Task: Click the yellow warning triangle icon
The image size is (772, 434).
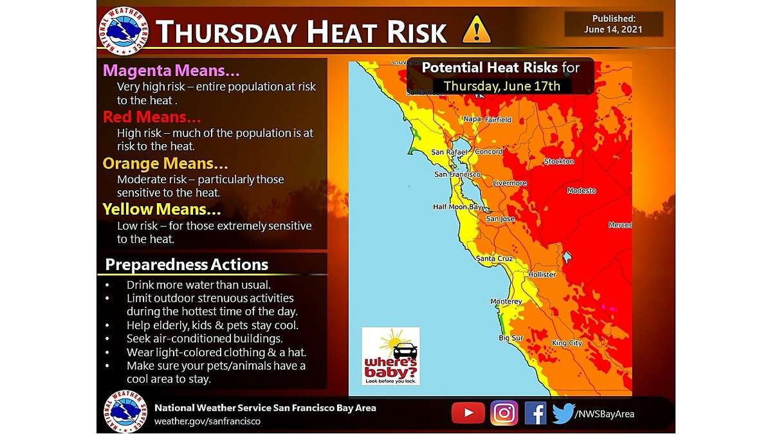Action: [476, 30]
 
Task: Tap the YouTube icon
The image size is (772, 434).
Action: [468, 413]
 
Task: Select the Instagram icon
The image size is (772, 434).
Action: [504, 413]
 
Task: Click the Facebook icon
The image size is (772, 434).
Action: [535, 413]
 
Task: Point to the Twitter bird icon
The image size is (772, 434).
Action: [563, 413]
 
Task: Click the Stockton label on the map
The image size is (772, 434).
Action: [558, 161]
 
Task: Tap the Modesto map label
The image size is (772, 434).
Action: [582, 191]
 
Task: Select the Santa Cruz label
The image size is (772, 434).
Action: [494, 258]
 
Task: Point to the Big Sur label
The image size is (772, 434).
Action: [510, 338]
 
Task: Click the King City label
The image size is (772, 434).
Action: [567, 343]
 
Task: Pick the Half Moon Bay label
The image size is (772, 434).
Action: [457, 207]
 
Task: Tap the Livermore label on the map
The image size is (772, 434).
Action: [510, 183]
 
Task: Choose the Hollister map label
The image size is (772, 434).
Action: [541, 275]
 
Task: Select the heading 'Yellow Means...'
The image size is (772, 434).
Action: [161, 209]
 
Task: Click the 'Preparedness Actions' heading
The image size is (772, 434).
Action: [187, 264]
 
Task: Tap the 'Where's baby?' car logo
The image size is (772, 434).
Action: [391, 356]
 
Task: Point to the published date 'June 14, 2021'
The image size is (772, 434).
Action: [613, 30]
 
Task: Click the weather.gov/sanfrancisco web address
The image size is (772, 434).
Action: [207, 421]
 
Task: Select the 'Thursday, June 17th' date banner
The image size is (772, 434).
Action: [502, 86]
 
